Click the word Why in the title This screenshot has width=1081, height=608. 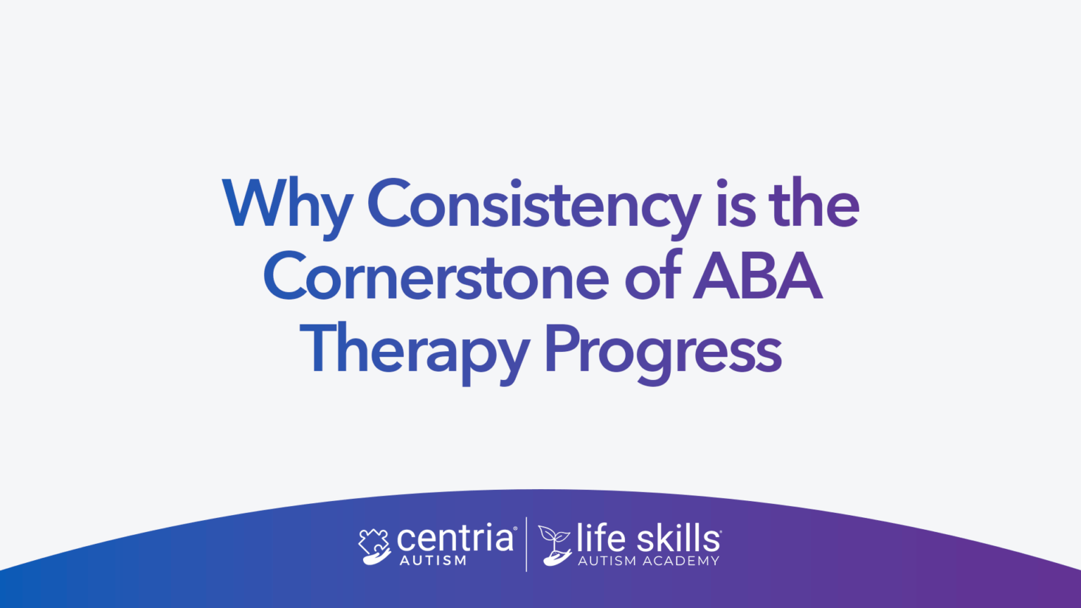point(287,204)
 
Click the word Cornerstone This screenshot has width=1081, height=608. point(436,277)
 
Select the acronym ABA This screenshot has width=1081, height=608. point(757,277)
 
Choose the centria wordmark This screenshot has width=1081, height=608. point(455,539)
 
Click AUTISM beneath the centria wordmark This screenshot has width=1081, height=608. point(433,561)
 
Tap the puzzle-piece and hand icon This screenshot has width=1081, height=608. point(374,546)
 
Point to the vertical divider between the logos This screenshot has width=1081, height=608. point(526,545)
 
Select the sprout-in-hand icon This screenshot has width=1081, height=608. point(555,545)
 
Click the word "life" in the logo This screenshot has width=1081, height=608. point(601,538)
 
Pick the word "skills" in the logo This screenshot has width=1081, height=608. point(678,538)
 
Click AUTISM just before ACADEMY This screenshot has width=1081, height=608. point(607,561)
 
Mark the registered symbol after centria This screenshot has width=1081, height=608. point(516,528)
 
